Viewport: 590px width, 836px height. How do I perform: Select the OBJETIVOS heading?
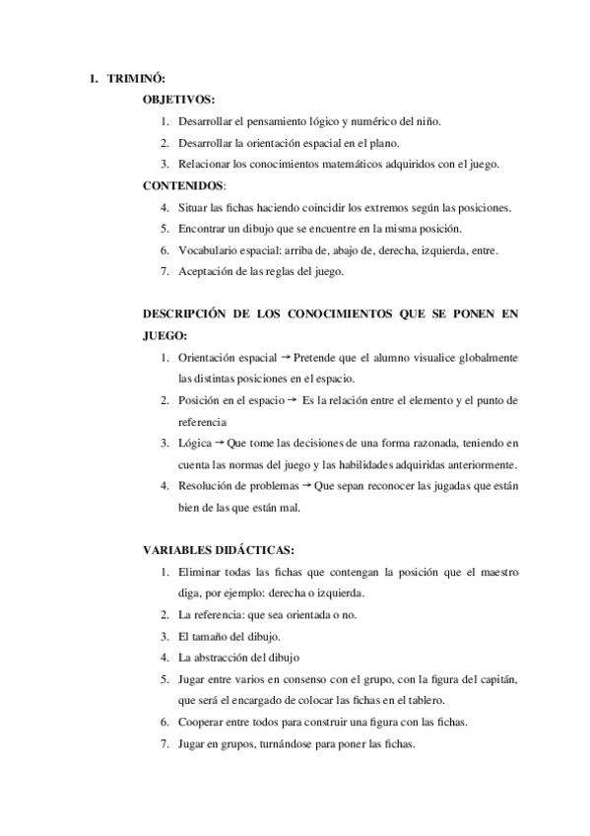click(179, 100)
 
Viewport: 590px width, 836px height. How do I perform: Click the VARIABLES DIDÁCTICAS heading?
click(218, 549)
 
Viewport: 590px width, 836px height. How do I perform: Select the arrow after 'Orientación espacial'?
click(287, 357)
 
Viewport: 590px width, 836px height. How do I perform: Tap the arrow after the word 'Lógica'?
click(219, 443)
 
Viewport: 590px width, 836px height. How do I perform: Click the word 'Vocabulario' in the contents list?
click(211, 250)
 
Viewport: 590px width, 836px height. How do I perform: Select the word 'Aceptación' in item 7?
click(209, 271)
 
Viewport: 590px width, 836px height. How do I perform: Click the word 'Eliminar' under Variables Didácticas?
click(201, 571)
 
